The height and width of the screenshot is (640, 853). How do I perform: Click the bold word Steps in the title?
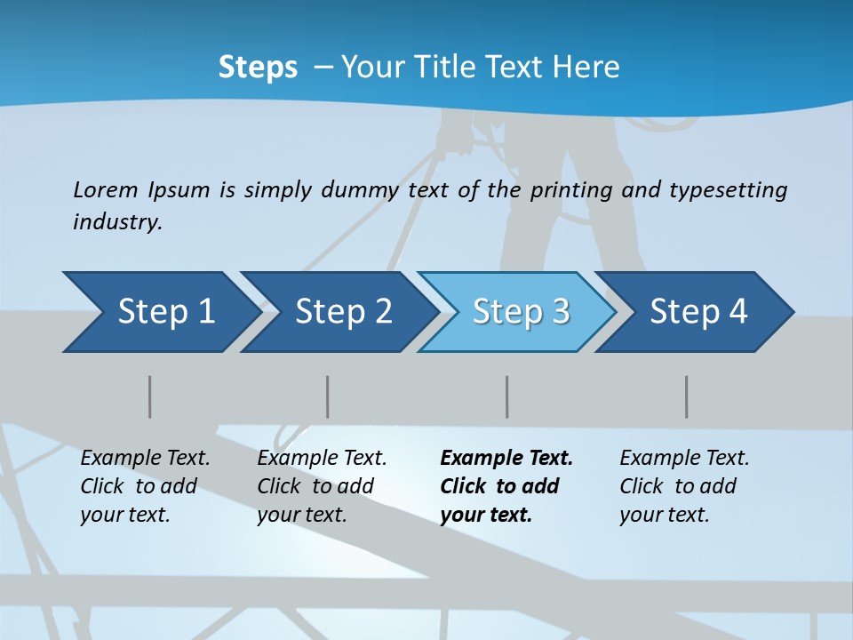[258, 68]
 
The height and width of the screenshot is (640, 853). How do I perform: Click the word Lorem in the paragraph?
[105, 189]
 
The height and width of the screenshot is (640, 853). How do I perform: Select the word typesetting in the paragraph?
[728, 190]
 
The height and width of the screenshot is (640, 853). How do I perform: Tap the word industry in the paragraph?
[117, 221]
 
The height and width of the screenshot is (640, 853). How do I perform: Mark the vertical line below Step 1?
[150, 396]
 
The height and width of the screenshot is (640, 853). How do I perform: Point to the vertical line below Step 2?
[328, 396]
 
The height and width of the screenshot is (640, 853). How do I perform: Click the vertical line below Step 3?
[507, 396]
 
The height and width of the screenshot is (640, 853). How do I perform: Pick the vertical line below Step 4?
[687, 396]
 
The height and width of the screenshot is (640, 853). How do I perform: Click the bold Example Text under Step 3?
[506, 459]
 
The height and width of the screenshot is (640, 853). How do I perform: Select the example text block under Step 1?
[145, 486]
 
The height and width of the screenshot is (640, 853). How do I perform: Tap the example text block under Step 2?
[322, 486]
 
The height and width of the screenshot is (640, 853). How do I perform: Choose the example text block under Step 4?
[684, 486]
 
